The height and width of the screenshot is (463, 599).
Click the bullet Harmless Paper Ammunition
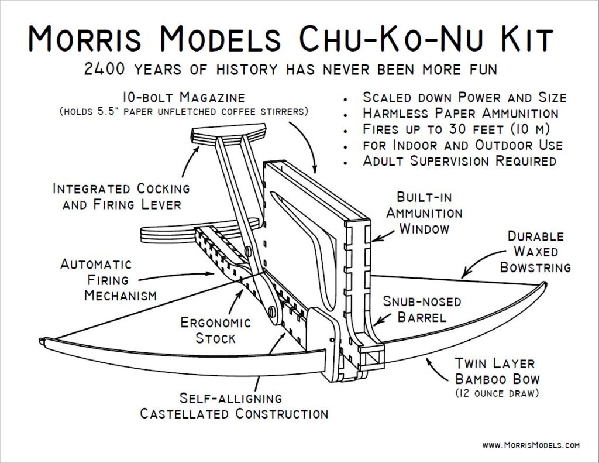click(460, 113)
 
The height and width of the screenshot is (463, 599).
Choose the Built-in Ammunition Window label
click(424, 212)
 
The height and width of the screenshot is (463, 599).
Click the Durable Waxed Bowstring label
click(535, 252)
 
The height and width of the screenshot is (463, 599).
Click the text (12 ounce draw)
click(495, 393)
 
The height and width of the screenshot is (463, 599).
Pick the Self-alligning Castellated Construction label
click(233, 406)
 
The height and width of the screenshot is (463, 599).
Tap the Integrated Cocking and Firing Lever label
click(121, 197)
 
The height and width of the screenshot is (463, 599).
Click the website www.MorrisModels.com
click(531, 445)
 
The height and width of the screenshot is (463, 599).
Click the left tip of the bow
click(42, 341)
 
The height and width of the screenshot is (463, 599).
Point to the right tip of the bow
click(545, 284)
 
